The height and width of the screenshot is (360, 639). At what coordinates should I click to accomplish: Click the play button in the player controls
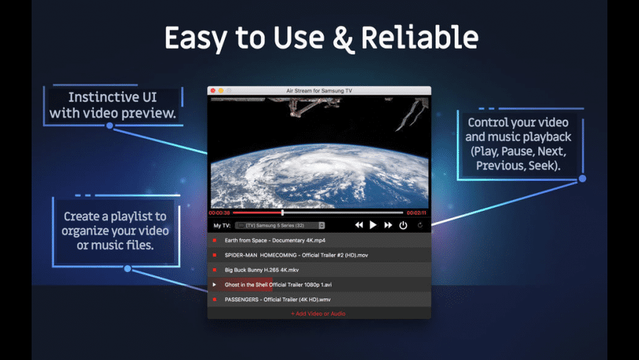[373, 226]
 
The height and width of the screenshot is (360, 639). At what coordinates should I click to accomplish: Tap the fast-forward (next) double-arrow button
[388, 226]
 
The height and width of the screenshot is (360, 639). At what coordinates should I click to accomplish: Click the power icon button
[403, 226]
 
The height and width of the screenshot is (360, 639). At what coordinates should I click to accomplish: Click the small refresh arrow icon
[420, 226]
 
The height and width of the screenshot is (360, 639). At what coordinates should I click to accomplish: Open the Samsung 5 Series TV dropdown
[285, 226]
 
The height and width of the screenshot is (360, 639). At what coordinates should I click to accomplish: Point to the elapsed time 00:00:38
[220, 213]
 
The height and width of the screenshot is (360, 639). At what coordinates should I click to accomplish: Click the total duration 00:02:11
[416, 213]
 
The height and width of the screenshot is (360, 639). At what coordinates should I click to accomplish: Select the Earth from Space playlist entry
[275, 240]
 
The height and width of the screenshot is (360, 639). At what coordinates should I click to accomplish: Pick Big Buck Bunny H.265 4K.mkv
[261, 270]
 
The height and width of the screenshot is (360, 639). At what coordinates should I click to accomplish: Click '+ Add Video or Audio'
[318, 314]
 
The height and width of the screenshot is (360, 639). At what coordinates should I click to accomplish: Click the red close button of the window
[213, 90]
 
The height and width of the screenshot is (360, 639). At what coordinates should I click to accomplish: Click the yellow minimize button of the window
[220, 90]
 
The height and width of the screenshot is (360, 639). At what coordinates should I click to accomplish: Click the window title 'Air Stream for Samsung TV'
[319, 90]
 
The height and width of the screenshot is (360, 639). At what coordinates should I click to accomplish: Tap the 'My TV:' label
[222, 226]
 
